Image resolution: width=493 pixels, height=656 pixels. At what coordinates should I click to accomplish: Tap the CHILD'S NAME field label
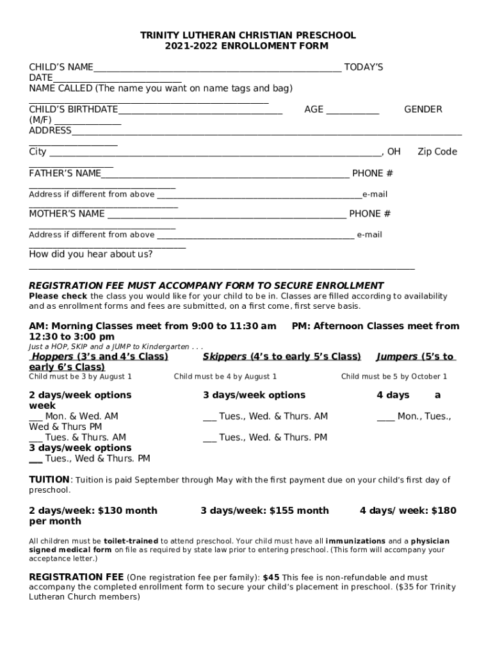click(x=61, y=67)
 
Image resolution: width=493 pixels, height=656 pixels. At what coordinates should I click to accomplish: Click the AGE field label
click(x=314, y=110)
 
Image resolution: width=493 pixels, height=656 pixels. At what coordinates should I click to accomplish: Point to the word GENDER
click(x=423, y=110)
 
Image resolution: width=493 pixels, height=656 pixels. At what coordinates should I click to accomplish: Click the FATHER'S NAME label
click(x=65, y=174)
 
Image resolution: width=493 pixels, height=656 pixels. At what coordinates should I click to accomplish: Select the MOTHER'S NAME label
click(x=67, y=214)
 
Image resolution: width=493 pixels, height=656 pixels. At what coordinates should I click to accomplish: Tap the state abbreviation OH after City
click(x=394, y=152)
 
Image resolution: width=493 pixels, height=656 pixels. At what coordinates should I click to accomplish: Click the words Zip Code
click(x=437, y=152)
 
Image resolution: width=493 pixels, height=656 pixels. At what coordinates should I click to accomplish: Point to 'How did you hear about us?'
click(x=91, y=254)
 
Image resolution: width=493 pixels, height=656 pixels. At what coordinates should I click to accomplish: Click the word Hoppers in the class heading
click(x=53, y=356)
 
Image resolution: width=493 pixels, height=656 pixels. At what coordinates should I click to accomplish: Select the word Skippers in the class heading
click(x=225, y=356)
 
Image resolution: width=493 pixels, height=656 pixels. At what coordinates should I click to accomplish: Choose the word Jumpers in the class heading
click(x=396, y=356)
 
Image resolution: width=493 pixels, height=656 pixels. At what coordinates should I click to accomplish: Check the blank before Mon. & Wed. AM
click(x=35, y=417)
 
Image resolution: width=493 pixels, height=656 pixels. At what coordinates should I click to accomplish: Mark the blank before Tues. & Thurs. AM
click(x=35, y=438)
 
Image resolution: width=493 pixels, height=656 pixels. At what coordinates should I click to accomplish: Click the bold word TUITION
click(x=49, y=480)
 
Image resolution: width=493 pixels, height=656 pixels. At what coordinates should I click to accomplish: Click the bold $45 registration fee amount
click(x=272, y=578)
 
